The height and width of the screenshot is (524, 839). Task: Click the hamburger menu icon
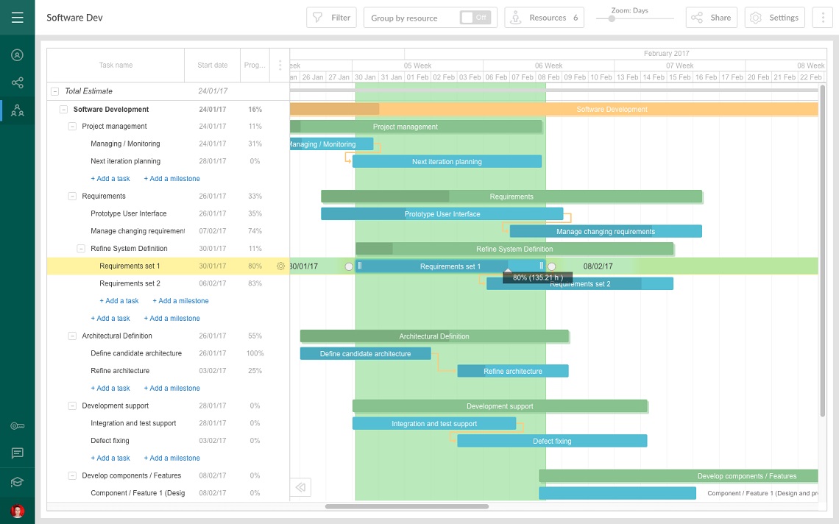point(17,17)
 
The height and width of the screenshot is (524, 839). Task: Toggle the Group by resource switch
point(475,18)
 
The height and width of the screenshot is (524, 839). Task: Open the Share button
point(711,18)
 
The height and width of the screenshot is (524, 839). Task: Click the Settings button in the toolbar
point(774,18)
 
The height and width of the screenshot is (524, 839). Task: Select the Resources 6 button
point(544,18)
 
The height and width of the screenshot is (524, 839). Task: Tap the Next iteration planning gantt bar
point(447,161)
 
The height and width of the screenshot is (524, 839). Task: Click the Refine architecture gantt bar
point(512,371)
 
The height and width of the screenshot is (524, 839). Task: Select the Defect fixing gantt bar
point(552,441)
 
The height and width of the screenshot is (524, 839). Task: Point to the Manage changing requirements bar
point(605,231)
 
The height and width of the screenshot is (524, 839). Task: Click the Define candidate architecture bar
point(365,353)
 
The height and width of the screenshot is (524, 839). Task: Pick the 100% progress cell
point(255,353)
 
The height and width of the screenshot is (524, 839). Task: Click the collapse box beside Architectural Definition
point(72,336)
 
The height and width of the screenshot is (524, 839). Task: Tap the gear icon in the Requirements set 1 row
point(280,266)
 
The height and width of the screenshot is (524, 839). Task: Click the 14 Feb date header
point(654,77)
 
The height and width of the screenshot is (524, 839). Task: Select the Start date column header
point(212,65)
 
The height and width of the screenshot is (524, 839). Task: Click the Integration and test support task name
point(133,423)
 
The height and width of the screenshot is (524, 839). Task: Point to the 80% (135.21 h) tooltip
point(537,277)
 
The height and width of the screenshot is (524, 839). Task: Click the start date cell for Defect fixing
point(212,441)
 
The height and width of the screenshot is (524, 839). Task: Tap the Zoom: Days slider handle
point(611,18)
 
